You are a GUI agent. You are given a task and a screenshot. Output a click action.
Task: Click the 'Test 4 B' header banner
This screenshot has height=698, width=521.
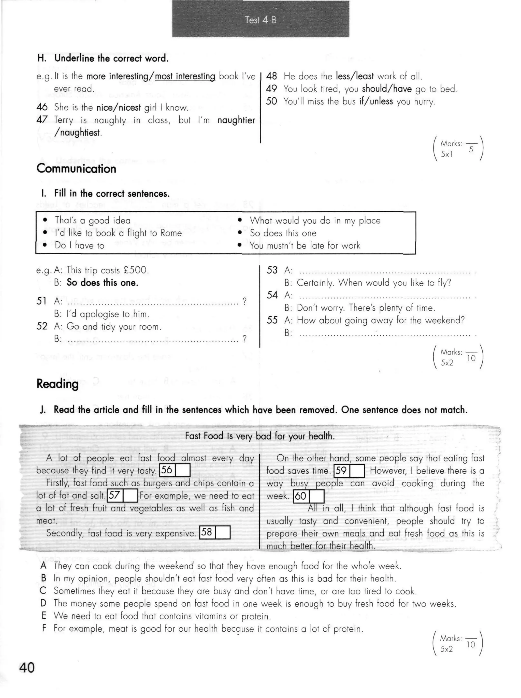[x=260, y=20]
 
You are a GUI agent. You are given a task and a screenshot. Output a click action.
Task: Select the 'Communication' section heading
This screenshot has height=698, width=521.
[x=76, y=169]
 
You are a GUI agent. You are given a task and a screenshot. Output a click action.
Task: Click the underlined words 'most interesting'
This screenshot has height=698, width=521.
[x=185, y=76]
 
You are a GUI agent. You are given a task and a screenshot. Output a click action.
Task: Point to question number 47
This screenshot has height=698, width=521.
[x=42, y=120]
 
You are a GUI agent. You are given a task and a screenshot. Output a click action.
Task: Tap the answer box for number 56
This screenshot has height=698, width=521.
[x=183, y=470]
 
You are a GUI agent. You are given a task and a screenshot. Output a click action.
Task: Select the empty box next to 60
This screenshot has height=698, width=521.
[x=317, y=496]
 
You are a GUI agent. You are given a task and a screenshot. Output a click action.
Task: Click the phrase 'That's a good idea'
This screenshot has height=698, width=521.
[x=92, y=220]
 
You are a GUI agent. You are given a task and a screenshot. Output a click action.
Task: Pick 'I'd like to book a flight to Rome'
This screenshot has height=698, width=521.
[x=118, y=233]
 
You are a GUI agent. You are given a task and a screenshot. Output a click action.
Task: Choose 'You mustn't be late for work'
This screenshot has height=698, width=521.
[x=305, y=245]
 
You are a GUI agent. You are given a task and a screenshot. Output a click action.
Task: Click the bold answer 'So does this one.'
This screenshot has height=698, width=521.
[x=102, y=282]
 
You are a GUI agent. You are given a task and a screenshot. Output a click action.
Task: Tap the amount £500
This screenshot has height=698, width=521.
[x=135, y=270]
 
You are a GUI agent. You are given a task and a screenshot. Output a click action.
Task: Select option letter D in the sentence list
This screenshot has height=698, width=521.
[x=44, y=603]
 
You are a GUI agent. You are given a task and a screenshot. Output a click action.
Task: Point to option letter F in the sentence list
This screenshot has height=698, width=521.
[x=44, y=628]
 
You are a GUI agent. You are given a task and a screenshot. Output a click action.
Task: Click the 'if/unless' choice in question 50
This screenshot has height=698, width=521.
[x=376, y=101]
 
